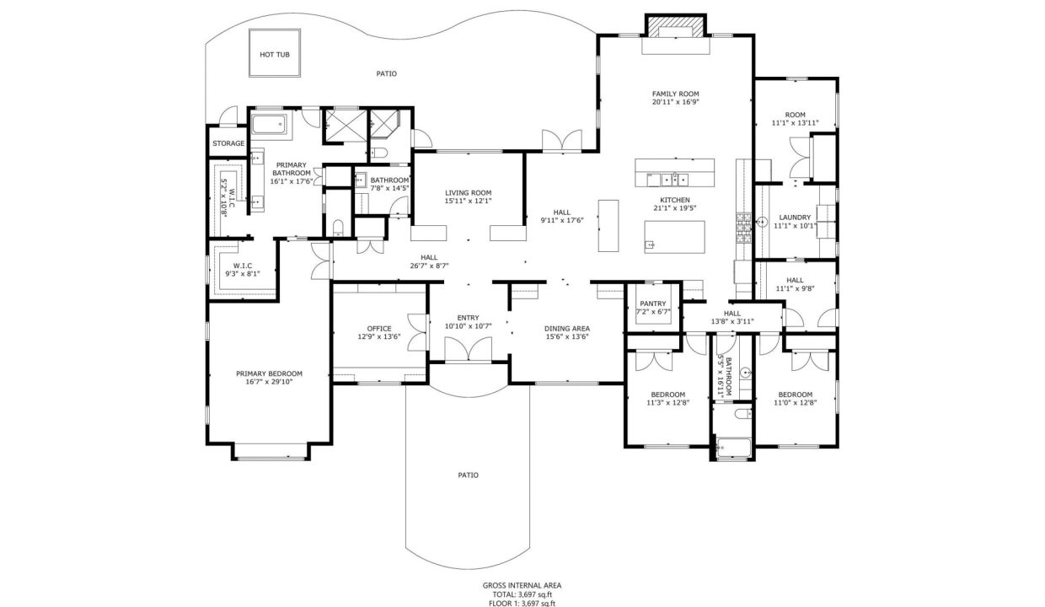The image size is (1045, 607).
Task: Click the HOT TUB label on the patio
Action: click(275, 55)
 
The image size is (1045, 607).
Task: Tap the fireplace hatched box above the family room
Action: click(676, 25)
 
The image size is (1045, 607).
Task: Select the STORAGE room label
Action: click(228, 143)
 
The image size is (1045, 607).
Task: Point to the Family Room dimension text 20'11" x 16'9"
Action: click(676, 102)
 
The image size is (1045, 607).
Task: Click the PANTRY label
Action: click(652, 303)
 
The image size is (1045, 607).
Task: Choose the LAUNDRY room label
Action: click(795, 218)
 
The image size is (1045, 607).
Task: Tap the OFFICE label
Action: click(379, 329)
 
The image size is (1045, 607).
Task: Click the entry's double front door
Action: click(468, 349)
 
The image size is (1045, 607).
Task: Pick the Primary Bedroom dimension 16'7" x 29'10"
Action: click(269, 382)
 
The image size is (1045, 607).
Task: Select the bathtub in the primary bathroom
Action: click(269, 124)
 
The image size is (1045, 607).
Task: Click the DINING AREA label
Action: click(567, 329)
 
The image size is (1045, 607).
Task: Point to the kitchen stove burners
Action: click(743, 228)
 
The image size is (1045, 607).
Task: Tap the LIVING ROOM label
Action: click(468, 193)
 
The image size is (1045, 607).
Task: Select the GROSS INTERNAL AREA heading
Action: click(522, 586)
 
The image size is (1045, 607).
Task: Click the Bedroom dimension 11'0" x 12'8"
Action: click(795, 403)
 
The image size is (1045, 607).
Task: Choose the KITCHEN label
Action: click(674, 200)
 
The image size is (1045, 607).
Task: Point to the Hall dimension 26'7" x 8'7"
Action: click(429, 266)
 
